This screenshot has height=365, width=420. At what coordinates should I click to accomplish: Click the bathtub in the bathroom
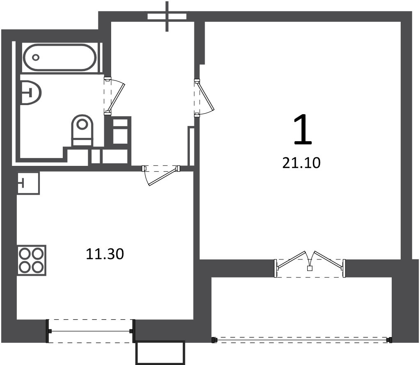(59, 57)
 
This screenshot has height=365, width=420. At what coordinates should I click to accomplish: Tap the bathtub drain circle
(36, 57)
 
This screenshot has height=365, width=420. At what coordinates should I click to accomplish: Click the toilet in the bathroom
(82, 130)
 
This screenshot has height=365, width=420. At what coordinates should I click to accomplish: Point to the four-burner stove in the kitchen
(31, 260)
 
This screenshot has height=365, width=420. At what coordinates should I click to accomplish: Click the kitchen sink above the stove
(28, 184)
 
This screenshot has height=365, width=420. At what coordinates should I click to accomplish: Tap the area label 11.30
(105, 254)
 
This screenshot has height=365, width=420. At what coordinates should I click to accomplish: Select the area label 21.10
(301, 163)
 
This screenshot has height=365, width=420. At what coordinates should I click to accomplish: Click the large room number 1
(303, 129)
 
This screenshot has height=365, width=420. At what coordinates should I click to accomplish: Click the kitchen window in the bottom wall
(91, 331)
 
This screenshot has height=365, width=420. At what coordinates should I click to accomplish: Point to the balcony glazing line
(301, 340)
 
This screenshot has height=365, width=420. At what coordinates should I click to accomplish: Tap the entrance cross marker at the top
(167, 16)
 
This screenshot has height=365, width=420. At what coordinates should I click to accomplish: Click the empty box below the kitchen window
(160, 353)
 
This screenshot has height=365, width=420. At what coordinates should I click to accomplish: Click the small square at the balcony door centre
(310, 268)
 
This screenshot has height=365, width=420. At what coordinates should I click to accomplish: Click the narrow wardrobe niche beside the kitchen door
(192, 147)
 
